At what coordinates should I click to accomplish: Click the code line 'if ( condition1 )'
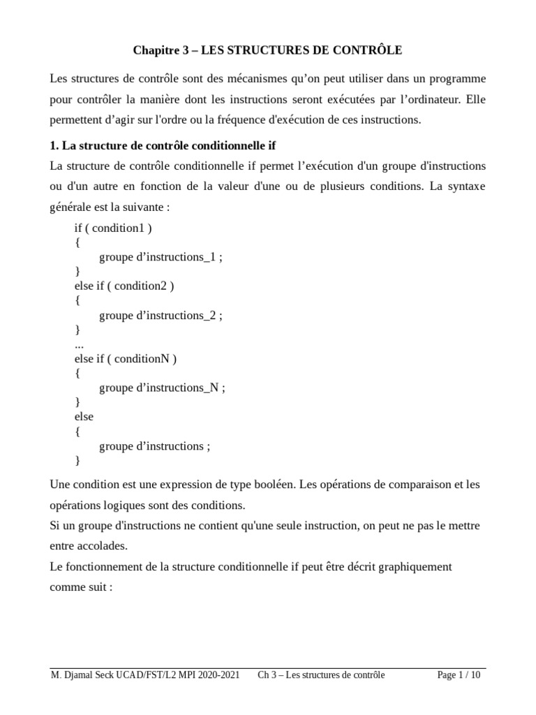coord(113,228)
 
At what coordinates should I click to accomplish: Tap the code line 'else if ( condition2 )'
coord(124,286)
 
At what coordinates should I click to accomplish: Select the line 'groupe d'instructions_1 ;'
coord(161,257)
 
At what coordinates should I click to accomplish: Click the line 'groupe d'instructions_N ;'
coord(162,388)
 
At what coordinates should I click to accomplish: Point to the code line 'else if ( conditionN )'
coord(126,359)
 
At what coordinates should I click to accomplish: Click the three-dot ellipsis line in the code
coord(79,344)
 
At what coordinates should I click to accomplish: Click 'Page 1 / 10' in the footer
coord(459,675)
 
